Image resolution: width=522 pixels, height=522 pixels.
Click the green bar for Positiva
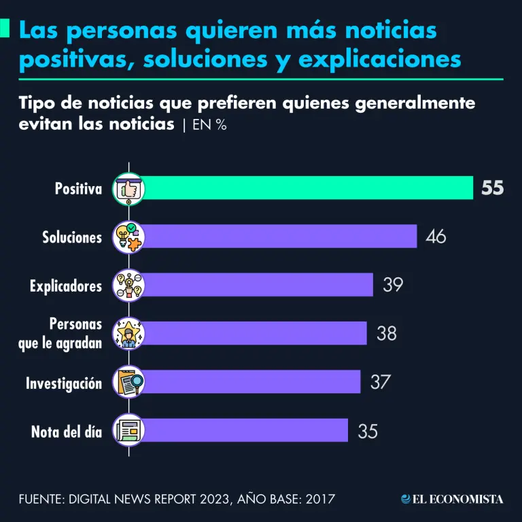click(306, 188)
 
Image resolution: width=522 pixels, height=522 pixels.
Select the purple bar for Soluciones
click(279, 237)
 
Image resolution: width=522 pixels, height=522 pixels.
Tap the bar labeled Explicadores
click(257, 285)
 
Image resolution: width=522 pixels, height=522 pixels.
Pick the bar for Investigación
click(250, 382)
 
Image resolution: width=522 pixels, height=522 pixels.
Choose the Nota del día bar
click(245, 430)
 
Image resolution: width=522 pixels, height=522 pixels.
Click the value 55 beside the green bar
click(493, 188)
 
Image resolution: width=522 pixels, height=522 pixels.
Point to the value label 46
click(436, 237)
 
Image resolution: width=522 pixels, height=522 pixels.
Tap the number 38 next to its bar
click(386, 334)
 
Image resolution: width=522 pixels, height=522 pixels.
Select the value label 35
click(367, 431)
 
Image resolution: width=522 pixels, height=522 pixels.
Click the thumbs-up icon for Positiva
click(128, 188)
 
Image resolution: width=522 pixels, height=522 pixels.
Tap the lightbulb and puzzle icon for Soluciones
click(128, 237)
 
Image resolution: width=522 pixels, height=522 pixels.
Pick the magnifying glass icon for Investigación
click(128, 382)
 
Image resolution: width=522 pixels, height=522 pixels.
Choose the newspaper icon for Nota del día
click(128, 430)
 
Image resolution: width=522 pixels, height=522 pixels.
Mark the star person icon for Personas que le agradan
click(128, 334)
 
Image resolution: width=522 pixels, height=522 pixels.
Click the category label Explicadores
click(66, 285)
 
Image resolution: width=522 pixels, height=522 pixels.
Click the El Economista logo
click(452, 499)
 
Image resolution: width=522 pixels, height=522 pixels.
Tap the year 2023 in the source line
click(211, 500)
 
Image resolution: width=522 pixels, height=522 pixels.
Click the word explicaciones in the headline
click(380, 59)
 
